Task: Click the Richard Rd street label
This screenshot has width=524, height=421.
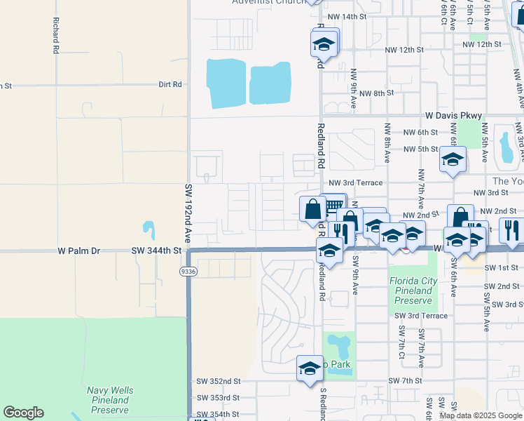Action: click(55, 35)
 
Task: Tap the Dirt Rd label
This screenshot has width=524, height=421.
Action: click(170, 84)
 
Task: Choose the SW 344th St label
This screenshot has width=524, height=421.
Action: click(156, 250)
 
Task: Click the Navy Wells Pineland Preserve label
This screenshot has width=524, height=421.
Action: click(108, 400)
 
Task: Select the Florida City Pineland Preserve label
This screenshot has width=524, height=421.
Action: click(413, 290)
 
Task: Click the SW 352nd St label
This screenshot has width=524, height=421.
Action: click(219, 381)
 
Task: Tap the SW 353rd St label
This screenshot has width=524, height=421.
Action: click(219, 397)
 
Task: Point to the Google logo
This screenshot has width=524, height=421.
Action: click(23, 413)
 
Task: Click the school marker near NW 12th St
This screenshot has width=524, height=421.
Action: click(324, 44)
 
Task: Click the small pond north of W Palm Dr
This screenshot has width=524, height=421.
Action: click(149, 229)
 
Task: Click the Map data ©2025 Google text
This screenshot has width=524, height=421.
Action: click(481, 415)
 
